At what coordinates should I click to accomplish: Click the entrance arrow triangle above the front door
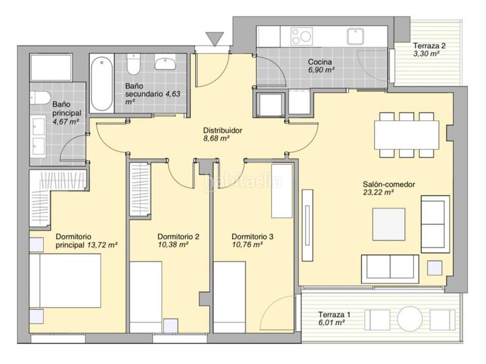click(214, 39)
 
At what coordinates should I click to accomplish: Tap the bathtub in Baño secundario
click(101, 83)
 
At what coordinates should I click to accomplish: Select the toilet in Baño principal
click(40, 98)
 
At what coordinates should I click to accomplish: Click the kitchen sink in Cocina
click(355, 36)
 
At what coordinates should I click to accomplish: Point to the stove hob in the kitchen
click(301, 36)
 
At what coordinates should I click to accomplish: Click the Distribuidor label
click(222, 130)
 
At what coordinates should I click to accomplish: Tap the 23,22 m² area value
click(378, 192)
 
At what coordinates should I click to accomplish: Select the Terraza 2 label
click(430, 46)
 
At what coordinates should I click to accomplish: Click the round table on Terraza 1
click(409, 319)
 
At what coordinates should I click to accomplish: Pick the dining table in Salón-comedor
click(406, 135)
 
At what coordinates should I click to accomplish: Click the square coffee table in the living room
click(389, 224)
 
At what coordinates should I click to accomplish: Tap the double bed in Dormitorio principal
click(66, 281)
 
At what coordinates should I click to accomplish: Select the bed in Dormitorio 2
click(146, 297)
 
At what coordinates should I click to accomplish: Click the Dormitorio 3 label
click(252, 237)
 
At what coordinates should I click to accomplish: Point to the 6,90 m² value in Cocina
click(321, 70)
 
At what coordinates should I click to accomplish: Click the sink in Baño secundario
click(165, 63)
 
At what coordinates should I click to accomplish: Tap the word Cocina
click(320, 62)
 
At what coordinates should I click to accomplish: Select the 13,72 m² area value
click(102, 245)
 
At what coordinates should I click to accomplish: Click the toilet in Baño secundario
click(134, 64)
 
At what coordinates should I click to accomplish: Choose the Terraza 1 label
click(334, 315)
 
